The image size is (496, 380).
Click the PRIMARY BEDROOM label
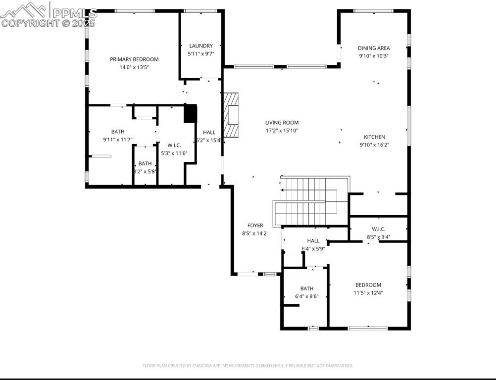coord(134,59)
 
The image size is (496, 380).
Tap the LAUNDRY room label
coord(200,46)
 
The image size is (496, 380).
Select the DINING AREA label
coord(374,48)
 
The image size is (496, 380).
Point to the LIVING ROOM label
coord(282,123)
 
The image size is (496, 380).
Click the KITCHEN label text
coord(374,137)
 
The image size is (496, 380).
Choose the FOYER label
coord(255,226)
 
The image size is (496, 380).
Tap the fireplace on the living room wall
coord(232,115)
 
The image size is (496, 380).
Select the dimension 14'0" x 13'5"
coord(134,67)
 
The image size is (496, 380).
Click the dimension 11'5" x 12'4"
coord(368,293)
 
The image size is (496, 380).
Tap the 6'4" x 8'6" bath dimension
coord(306,296)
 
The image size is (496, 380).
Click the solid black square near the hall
coord(191,113)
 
